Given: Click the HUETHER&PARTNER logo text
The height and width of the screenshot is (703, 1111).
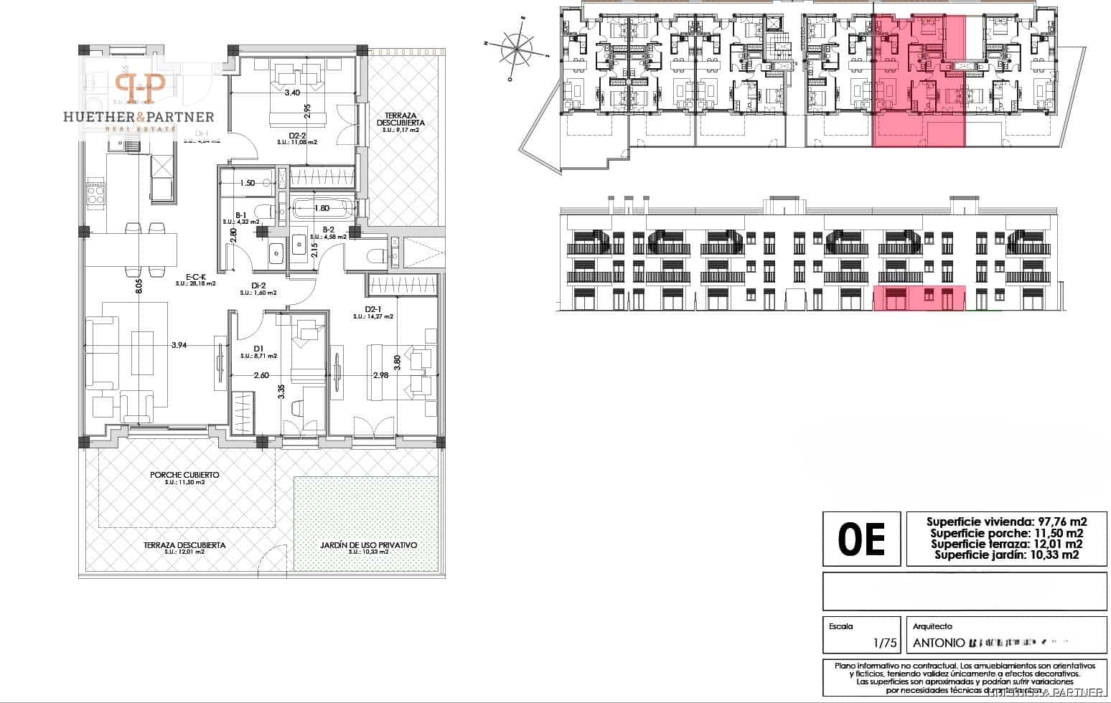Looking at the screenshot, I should click(x=139, y=116).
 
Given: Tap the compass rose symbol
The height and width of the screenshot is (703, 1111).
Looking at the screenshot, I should click(x=517, y=49).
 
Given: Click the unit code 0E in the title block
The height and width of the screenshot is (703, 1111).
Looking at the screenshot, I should click(x=861, y=539).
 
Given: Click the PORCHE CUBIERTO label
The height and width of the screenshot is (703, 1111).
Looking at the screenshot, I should click(x=184, y=475).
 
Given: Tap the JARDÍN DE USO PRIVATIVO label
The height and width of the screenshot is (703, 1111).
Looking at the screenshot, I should click(x=368, y=545).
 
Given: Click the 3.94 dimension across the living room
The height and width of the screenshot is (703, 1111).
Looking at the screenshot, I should click(x=179, y=345).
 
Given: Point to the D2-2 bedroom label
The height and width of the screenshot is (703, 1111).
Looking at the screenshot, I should click(x=297, y=135).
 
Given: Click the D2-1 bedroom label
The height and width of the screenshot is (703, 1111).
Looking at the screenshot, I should click(x=373, y=309).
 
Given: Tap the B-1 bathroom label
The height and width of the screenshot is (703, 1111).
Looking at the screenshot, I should click(x=241, y=214).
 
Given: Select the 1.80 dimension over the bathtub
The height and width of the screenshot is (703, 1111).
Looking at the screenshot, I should click(x=322, y=209).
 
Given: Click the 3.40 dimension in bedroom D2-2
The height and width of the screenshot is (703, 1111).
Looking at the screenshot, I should click(x=292, y=93).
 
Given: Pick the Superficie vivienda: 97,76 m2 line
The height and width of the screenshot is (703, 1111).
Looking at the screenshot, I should click(x=1006, y=522).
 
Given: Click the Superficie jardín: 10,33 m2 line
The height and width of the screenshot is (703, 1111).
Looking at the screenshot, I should click(x=1006, y=555).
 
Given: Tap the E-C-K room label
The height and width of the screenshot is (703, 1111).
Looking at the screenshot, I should click(x=195, y=276).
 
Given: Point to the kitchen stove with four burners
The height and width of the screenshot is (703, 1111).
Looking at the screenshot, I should click(x=96, y=193).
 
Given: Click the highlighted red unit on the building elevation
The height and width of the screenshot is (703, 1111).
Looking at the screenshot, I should click(x=919, y=298).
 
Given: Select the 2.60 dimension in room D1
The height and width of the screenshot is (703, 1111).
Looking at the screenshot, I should click(x=261, y=374).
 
